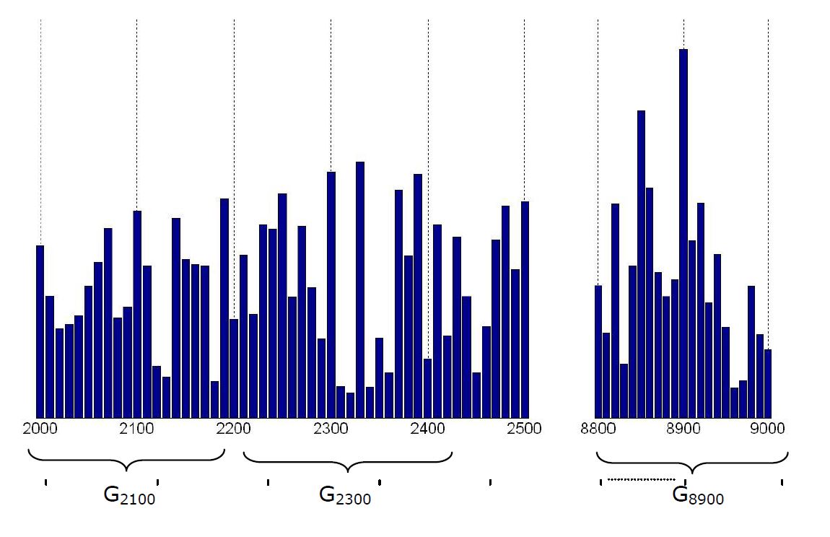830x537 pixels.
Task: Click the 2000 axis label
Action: coord(40,429)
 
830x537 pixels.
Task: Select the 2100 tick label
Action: coord(136,429)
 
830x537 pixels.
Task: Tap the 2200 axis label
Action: coord(233,429)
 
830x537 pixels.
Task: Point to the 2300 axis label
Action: coord(331,429)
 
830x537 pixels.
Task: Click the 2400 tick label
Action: coord(427,429)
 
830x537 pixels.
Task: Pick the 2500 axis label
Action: coord(524,429)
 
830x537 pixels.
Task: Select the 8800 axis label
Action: coord(598,429)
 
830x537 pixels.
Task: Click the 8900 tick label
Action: coord(683,429)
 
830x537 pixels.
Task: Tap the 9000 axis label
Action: coord(767,429)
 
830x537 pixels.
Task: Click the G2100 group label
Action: coord(129,496)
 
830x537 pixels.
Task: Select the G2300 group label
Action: coord(345,496)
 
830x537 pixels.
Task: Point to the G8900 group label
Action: coord(698,496)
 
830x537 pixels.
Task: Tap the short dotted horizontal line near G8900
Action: coord(641,479)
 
